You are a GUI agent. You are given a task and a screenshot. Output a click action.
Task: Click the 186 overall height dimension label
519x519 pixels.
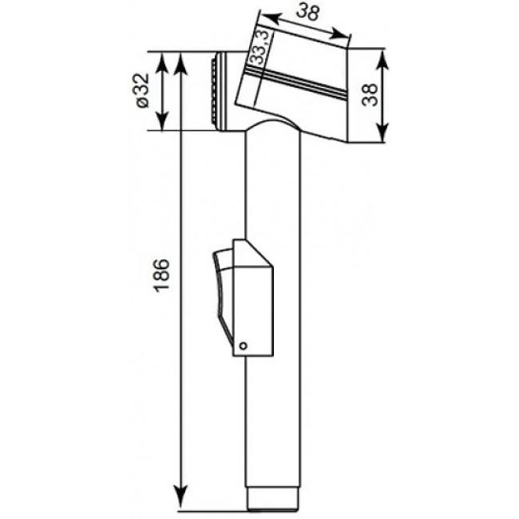click(x=162, y=275)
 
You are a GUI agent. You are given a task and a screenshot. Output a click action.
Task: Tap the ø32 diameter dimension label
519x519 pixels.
click(x=143, y=90)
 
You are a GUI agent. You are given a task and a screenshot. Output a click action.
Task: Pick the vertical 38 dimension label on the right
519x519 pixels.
click(x=370, y=95)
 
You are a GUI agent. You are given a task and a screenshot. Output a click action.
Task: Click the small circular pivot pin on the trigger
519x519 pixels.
click(x=243, y=347)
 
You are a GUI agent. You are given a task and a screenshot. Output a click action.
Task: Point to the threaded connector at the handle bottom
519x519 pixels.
click(x=273, y=501)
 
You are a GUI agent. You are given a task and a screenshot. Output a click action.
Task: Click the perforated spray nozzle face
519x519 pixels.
click(x=214, y=91)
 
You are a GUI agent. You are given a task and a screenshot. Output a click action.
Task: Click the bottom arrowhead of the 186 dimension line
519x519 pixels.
click(x=180, y=501)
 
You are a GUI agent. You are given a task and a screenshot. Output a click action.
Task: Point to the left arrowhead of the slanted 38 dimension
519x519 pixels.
click(x=271, y=18)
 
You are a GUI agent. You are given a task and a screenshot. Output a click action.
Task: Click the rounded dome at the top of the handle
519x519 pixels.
click(x=272, y=126)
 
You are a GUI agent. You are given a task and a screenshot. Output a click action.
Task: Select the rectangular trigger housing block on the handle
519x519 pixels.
click(x=253, y=298)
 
